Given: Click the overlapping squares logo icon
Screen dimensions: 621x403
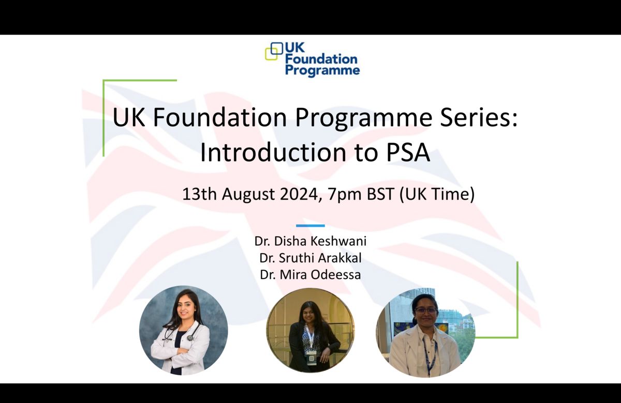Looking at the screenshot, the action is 274,51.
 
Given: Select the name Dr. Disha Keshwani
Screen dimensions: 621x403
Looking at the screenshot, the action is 310,241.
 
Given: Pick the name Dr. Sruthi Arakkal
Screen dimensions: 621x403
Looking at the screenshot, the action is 310,258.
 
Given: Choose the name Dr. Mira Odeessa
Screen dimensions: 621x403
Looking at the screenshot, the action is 310,275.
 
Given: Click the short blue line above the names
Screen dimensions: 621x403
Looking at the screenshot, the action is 310,226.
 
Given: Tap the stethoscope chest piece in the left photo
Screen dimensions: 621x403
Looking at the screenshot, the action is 190,338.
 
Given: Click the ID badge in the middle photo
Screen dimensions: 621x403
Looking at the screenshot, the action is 312,358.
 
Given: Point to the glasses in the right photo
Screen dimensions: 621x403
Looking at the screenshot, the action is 426,311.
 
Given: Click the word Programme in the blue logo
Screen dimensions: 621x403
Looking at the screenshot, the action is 322,70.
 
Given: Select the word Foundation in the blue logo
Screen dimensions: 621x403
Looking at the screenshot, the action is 321,59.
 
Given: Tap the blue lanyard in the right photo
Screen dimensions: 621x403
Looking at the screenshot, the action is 431,357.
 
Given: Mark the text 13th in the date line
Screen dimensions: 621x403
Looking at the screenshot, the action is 199,194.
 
